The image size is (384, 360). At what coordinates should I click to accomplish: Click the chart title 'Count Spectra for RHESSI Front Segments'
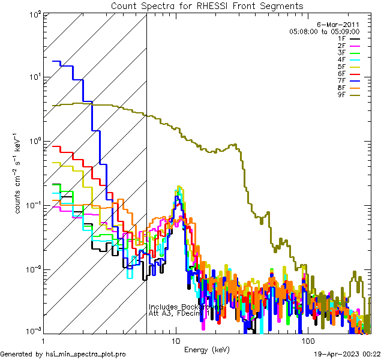[207, 6]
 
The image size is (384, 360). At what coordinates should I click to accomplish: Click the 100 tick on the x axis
[307, 340]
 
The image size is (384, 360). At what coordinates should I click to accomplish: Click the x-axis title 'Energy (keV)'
[207, 349]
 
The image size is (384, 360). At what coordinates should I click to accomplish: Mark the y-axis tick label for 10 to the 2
[32, 13]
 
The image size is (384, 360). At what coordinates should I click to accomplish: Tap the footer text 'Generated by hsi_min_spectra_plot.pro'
[63, 354]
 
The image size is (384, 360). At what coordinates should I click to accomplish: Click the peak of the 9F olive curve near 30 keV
[235, 144]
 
